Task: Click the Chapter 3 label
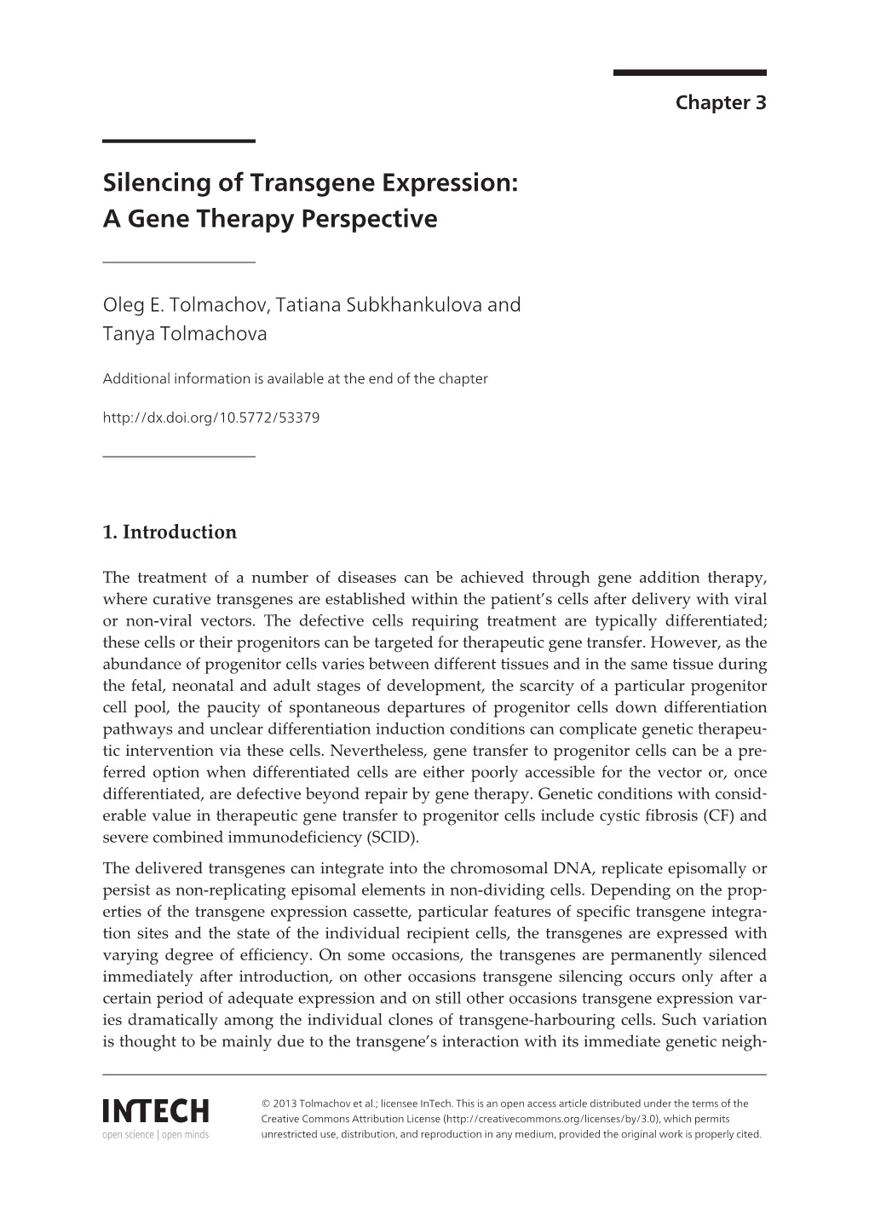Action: click(720, 103)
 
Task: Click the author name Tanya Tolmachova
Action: click(185, 334)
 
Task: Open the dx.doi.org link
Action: click(210, 418)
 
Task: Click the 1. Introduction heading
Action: click(170, 533)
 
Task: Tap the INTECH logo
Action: click(155, 1111)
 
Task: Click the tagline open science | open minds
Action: click(155, 1135)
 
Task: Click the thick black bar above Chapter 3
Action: click(689, 73)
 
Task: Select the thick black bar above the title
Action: click(179, 141)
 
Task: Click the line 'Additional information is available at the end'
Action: click(295, 379)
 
